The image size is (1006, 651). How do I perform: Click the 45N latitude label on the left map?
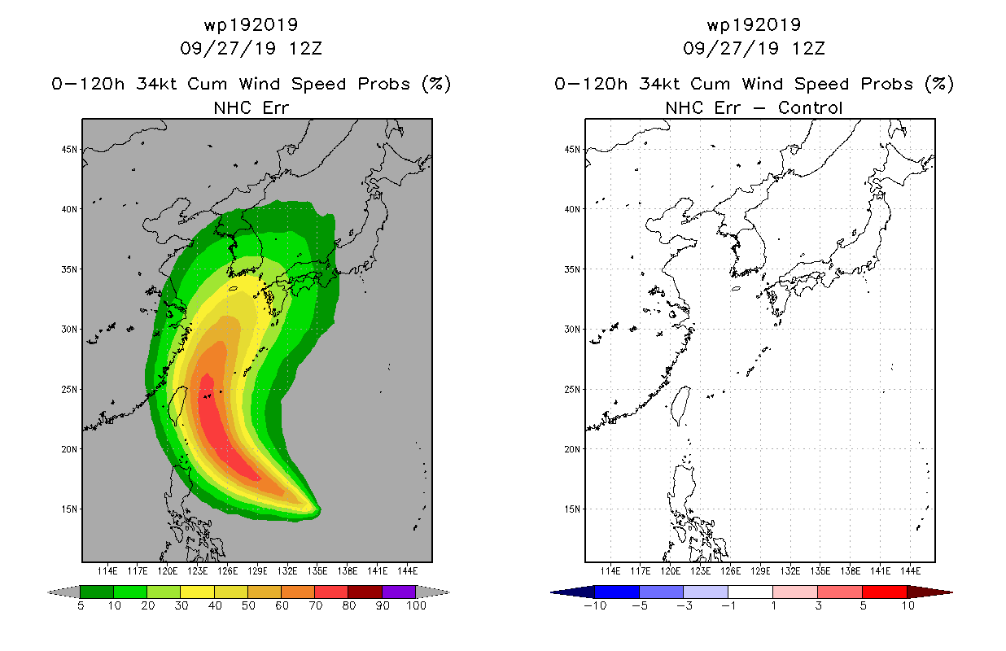pos(69,150)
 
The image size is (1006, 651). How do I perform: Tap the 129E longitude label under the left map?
pos(257,571)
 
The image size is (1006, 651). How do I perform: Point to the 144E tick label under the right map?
pos(910,571)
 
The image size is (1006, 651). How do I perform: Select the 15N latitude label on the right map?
pos(572,509)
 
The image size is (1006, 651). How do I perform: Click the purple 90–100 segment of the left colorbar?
pos(399,592)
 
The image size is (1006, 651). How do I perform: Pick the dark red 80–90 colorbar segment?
pos(365,592)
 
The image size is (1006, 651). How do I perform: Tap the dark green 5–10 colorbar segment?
pos(97,592)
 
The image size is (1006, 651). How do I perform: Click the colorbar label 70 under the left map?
pos(316,605)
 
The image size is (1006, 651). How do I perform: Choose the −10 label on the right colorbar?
pos(595,605)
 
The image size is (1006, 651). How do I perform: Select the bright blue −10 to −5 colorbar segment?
pos(617,592)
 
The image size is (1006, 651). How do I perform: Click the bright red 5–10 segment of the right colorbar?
pos(885,592)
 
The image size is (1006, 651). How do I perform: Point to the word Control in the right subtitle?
pos(810,107)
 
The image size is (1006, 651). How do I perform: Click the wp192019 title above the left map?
pos(251,25)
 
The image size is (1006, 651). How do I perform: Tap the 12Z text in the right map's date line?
pos(808,49)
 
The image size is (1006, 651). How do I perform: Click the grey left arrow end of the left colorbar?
pos(63,592)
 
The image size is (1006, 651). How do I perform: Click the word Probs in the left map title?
pos(384,84)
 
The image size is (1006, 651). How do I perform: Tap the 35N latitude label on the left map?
pos(69,269)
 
